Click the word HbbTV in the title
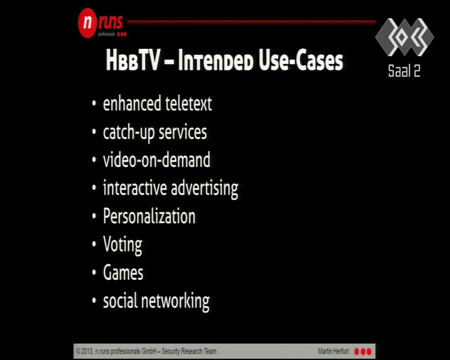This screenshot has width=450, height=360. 133,61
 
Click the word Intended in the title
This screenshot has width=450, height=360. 216,61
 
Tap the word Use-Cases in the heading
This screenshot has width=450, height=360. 301,61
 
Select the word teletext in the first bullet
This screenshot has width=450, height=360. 189,103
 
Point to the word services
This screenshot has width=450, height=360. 182,132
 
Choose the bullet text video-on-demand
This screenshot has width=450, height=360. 157,159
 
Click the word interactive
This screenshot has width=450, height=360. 135,187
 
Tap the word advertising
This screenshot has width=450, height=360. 204,189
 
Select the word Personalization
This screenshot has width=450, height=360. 149,216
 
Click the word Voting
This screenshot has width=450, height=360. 122,245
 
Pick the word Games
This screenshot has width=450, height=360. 123,272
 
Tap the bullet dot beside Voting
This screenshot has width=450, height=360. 94,244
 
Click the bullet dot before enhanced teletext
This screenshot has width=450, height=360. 94,104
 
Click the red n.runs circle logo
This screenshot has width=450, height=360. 87,22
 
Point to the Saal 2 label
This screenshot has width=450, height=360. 404,71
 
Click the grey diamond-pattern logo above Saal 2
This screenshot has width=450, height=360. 404,37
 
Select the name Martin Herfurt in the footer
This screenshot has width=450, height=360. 333,351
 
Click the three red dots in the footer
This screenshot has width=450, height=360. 362,351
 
